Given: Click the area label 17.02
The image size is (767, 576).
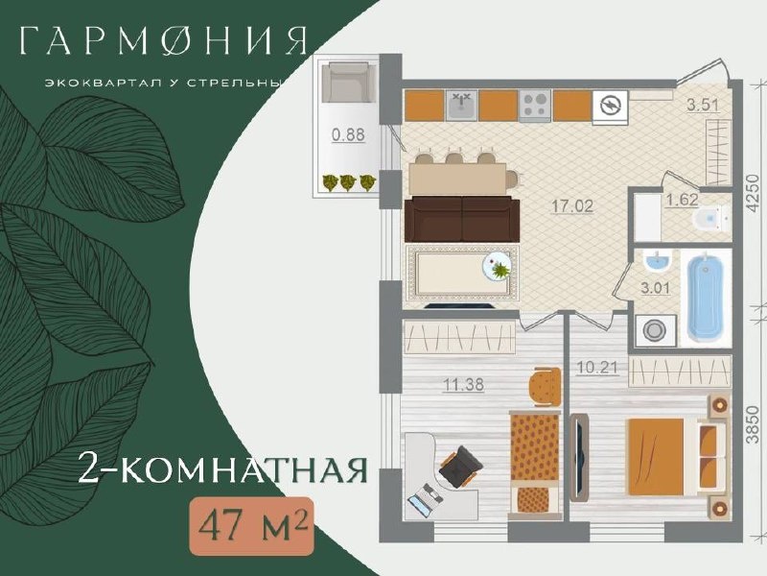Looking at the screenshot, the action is click(572, 205).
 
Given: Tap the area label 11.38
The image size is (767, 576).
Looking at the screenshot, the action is click(463, 385).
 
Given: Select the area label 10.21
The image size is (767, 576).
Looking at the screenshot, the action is click(598, 368).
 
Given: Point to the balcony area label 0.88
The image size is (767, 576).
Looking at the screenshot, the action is click(348, 134).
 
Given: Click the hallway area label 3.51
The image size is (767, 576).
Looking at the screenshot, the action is click(703, 106).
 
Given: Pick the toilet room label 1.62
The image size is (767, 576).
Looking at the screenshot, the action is click(682, 201).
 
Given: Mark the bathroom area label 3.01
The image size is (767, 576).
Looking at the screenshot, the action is click(656, 287).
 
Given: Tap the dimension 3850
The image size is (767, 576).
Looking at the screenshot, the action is click(755, 423).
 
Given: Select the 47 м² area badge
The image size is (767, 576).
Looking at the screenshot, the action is click(251, 526).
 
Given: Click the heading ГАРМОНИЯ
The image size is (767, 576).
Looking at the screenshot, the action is click(164, 40).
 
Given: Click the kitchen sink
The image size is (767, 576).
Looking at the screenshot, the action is click(462, 105).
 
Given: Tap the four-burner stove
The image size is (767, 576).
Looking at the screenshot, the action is click(535, 106).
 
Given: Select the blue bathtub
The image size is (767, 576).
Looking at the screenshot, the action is click(706, 299).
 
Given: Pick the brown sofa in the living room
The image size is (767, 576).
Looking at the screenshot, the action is click(462, 219).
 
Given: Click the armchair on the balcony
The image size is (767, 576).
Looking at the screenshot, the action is click(348, 82).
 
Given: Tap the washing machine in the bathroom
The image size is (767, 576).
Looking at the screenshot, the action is click(656, 330).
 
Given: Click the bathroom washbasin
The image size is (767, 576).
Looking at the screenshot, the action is click(657, 262).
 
